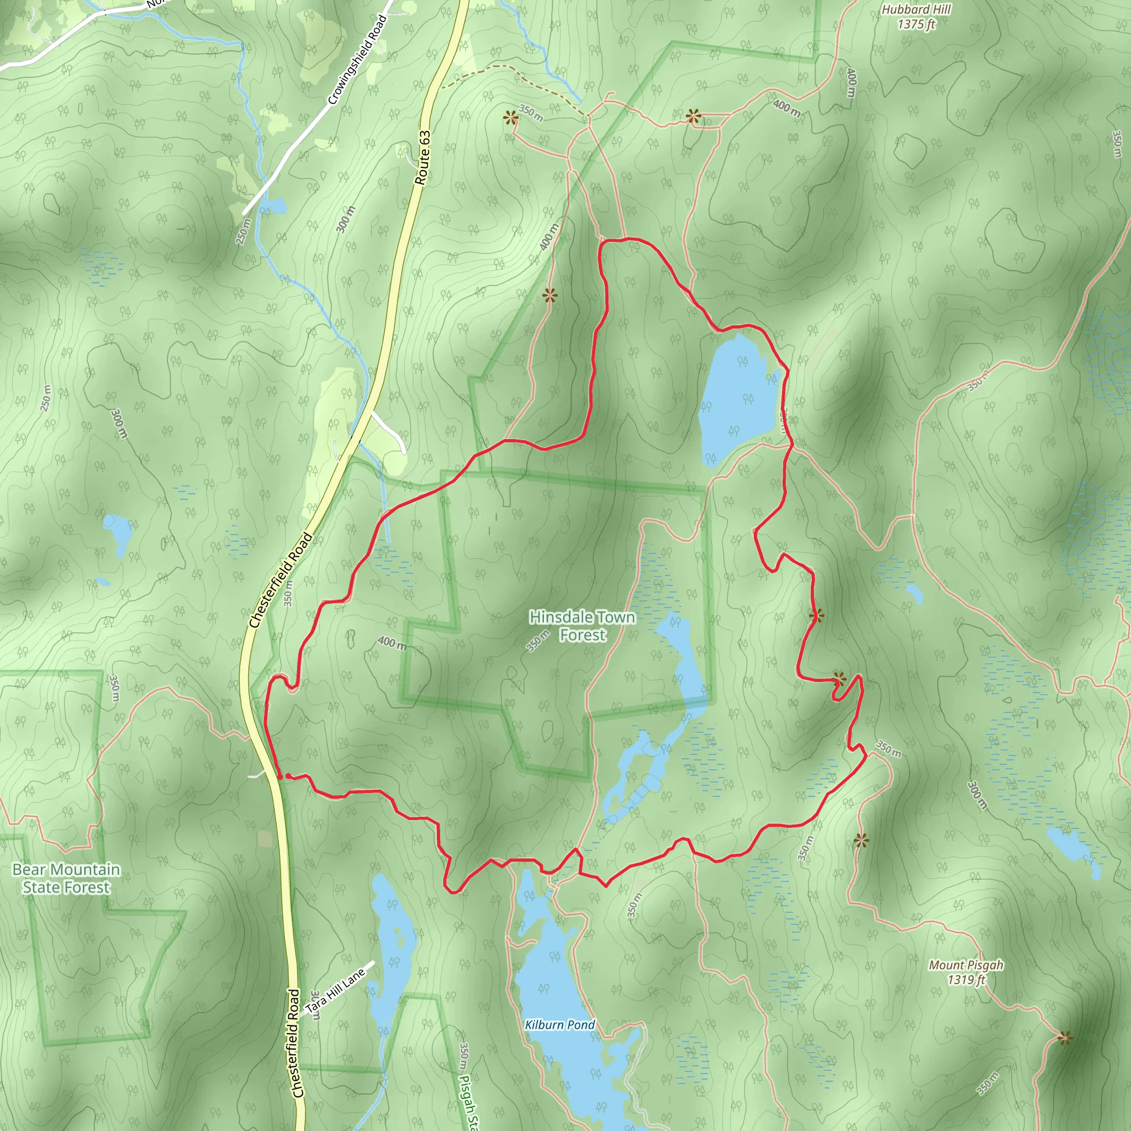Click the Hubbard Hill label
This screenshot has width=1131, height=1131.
[x=916, y=17]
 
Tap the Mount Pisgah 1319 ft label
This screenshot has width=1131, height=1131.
[x=966, y=972]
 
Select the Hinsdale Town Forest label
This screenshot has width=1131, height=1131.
[x=582, y=626]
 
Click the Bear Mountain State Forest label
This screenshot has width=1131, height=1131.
[x=66, y=878]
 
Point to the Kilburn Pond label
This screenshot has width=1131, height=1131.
[x=559, y=1025]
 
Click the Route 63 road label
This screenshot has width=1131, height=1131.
[x=422, y=158]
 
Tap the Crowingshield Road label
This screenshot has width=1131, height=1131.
[x=357, y=60]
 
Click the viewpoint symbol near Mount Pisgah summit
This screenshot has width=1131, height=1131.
[x=1065, y=1039]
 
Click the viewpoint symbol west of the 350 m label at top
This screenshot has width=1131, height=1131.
[x=511, y=119]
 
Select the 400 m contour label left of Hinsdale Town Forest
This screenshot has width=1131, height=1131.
[x=392, y=643]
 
